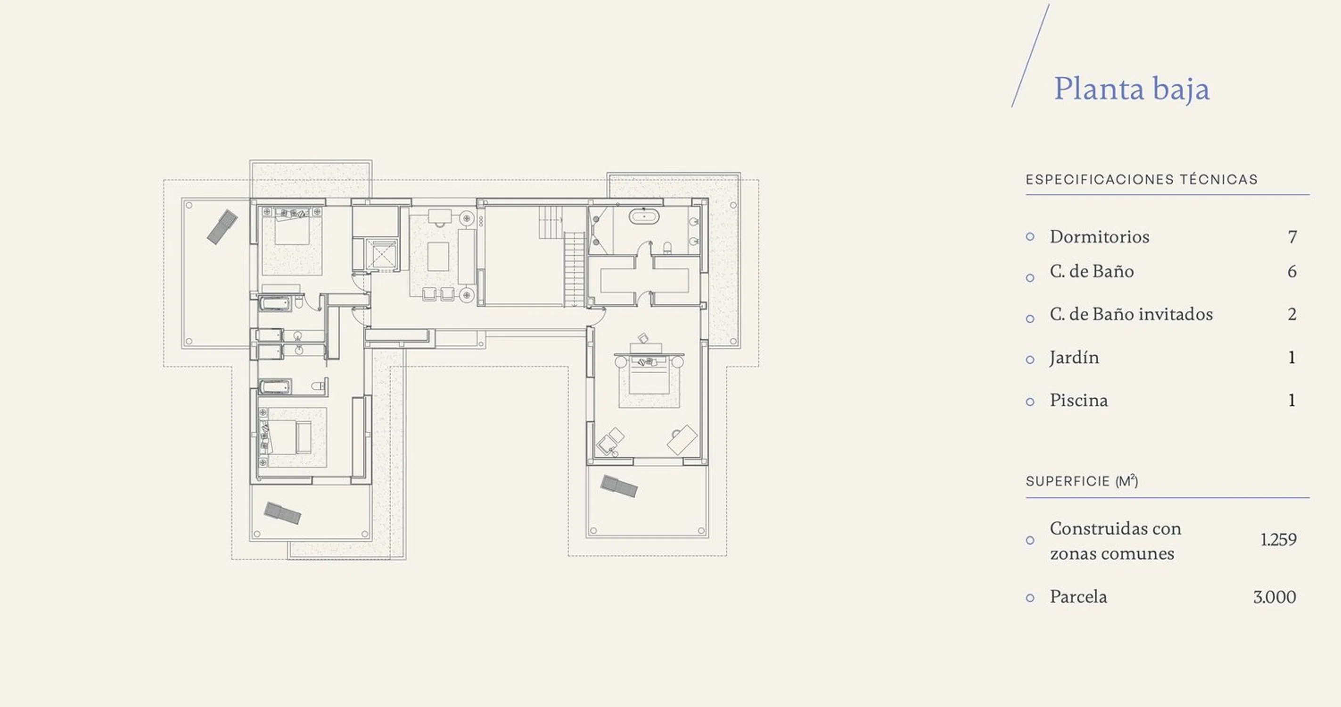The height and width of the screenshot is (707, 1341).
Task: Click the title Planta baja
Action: (x=1132, y=89)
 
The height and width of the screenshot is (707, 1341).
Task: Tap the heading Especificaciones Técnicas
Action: (x=1142, y=180)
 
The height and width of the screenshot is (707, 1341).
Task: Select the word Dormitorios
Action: (x=1100, y=237)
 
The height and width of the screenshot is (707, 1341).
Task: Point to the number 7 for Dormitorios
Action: (x=1292, y=238)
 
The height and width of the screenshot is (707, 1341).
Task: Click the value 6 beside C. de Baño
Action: (x=1292, y=271)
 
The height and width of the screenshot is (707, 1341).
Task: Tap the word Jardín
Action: (x=1075, y=358)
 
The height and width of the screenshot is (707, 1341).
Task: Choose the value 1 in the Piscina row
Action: (x=1292, y=400)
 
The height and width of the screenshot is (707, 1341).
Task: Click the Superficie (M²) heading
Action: (x=1082, y=481)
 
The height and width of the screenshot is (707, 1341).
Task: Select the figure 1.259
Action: (x=1278, y=540)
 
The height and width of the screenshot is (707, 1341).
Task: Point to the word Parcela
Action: (x=1078, y=597)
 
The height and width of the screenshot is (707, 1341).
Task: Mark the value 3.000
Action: (x=1275, y=597)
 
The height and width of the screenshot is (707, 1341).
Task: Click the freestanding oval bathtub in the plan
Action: (x=644, y=216)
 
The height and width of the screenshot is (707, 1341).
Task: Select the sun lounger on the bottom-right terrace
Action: (x=619, y=486)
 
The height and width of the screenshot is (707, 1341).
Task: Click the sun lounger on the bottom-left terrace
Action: (x=282, y=513)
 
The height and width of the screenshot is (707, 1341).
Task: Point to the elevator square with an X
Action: (x=382, y=255)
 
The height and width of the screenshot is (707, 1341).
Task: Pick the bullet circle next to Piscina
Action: (x=1030, y=402)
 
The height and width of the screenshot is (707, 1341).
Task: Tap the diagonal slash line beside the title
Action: (x=1030, y=56)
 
